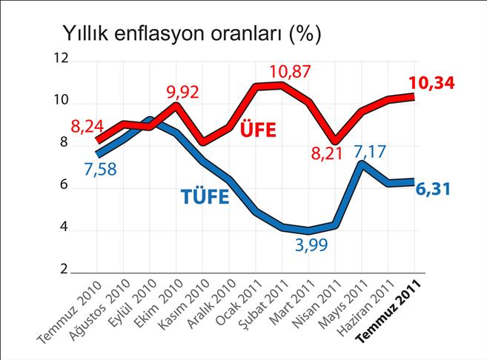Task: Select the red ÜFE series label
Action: click(257, 131)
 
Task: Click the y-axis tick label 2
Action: click(64, 269)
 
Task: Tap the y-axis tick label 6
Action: click(64, 185)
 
